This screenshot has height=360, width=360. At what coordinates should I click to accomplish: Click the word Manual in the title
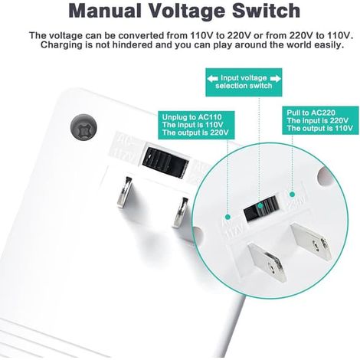coord(105,11)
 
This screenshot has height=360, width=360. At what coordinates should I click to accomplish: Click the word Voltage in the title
coord(187,11)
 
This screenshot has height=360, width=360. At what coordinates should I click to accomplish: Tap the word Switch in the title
coord(266,11)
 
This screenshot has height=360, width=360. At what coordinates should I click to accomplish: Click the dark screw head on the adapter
coord(83,127)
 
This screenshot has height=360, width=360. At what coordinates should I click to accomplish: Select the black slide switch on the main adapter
coord(165,162)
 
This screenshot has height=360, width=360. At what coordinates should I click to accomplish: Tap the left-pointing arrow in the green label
coord(212,78)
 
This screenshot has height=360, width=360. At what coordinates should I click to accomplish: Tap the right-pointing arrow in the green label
coord(275,78)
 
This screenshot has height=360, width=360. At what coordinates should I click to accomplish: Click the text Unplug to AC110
coord(192,117)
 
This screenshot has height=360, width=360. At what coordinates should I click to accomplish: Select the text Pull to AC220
coord(311,113)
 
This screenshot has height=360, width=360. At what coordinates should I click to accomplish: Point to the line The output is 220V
coord(195,133)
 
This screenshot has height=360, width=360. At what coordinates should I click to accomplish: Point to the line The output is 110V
coord(319,128)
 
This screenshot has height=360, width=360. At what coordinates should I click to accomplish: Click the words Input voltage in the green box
coord(244,78)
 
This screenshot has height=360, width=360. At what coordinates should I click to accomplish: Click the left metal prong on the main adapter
coord(124,192)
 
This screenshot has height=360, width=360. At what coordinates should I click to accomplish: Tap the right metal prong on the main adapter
coord(180,212)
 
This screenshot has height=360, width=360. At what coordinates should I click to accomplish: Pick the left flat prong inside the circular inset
coord(267,262)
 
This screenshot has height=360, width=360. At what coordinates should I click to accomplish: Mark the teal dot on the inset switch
coord(260,206)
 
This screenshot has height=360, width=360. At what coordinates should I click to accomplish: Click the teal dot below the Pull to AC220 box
coord(293,195)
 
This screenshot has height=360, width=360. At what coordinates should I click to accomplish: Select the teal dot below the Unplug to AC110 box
coord(227,218)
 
